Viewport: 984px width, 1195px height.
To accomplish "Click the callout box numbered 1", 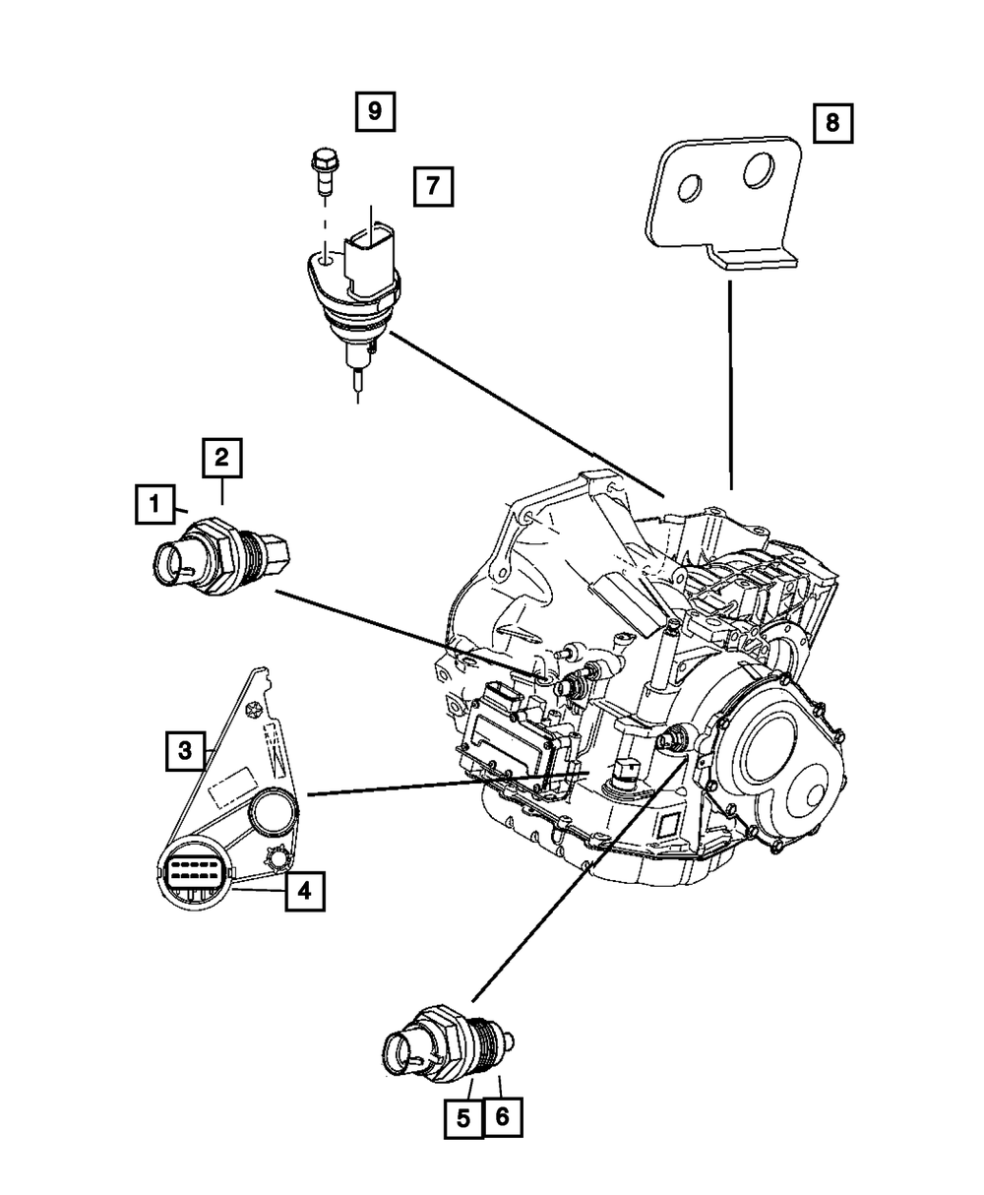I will click(x=154, y=507).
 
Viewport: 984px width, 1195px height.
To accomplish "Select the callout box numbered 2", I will click(x=222, y=458).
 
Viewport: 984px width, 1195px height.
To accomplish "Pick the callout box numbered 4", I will click(x=304, y=891).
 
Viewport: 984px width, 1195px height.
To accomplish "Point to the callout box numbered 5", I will click(x=463, y=1117).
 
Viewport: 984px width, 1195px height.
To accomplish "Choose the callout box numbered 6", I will click(x=502, y=1117).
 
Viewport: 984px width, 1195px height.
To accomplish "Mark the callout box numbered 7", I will click(x=434, y=185).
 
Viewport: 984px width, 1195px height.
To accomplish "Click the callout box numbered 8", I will click(x=832, y=123).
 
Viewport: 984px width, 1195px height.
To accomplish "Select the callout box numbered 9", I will click(x=375, y=111).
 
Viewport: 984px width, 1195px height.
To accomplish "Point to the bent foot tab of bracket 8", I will click(x=753, y=259).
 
